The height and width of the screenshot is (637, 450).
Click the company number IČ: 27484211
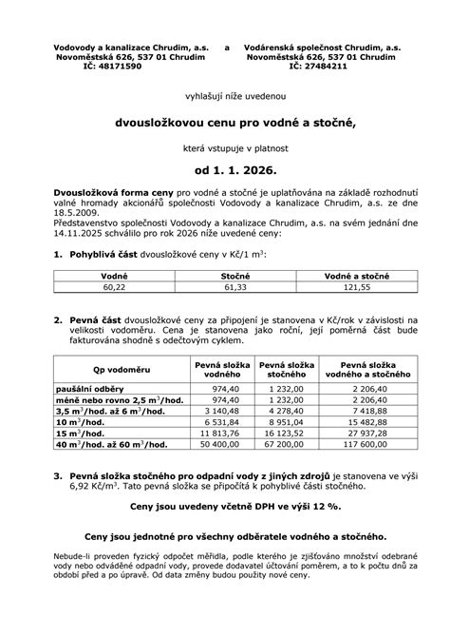click(x=321, y=68)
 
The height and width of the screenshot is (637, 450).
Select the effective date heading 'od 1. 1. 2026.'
click(x=224, y=172)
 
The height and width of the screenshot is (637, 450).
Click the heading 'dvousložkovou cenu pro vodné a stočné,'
click(x=224, y=123)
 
